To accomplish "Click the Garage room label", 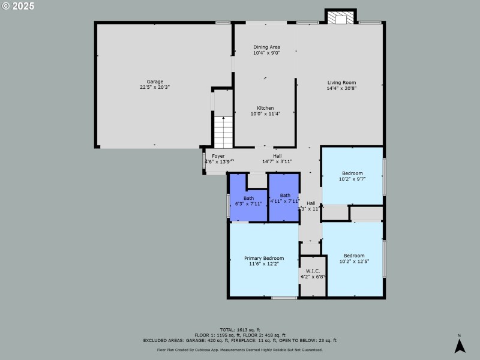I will click(x=155, y=82).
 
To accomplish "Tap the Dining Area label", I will click(x=266, y=47).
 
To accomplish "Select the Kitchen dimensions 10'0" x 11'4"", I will click(x=265, y=113).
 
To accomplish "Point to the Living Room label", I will click(x=341, y=83).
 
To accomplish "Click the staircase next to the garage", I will click(x=223, y=133).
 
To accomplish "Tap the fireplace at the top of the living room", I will click(x=341, y=18).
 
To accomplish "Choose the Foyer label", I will click(x=218, y=156).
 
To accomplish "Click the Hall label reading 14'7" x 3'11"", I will click(x=277, y=156).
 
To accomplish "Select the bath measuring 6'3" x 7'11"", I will click(x=248, y=200).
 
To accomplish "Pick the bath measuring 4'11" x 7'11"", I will click(x=284, y=198).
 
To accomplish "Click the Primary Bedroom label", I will click(x=264, y=258).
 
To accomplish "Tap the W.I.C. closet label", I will click(x=313, y=271).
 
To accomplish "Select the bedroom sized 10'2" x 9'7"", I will click(x=352, y=176).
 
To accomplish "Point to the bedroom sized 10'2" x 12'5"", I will click(x=352, y=258).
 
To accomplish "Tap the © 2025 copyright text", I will click(x=17, y=6).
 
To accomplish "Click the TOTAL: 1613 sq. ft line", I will click(x=239, y=329).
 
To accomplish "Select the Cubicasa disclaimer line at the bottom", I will click(x=239, y=349).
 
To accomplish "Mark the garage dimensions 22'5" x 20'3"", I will click(x=155, y=87).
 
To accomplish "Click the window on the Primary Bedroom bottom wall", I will click(x=284, y=298).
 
